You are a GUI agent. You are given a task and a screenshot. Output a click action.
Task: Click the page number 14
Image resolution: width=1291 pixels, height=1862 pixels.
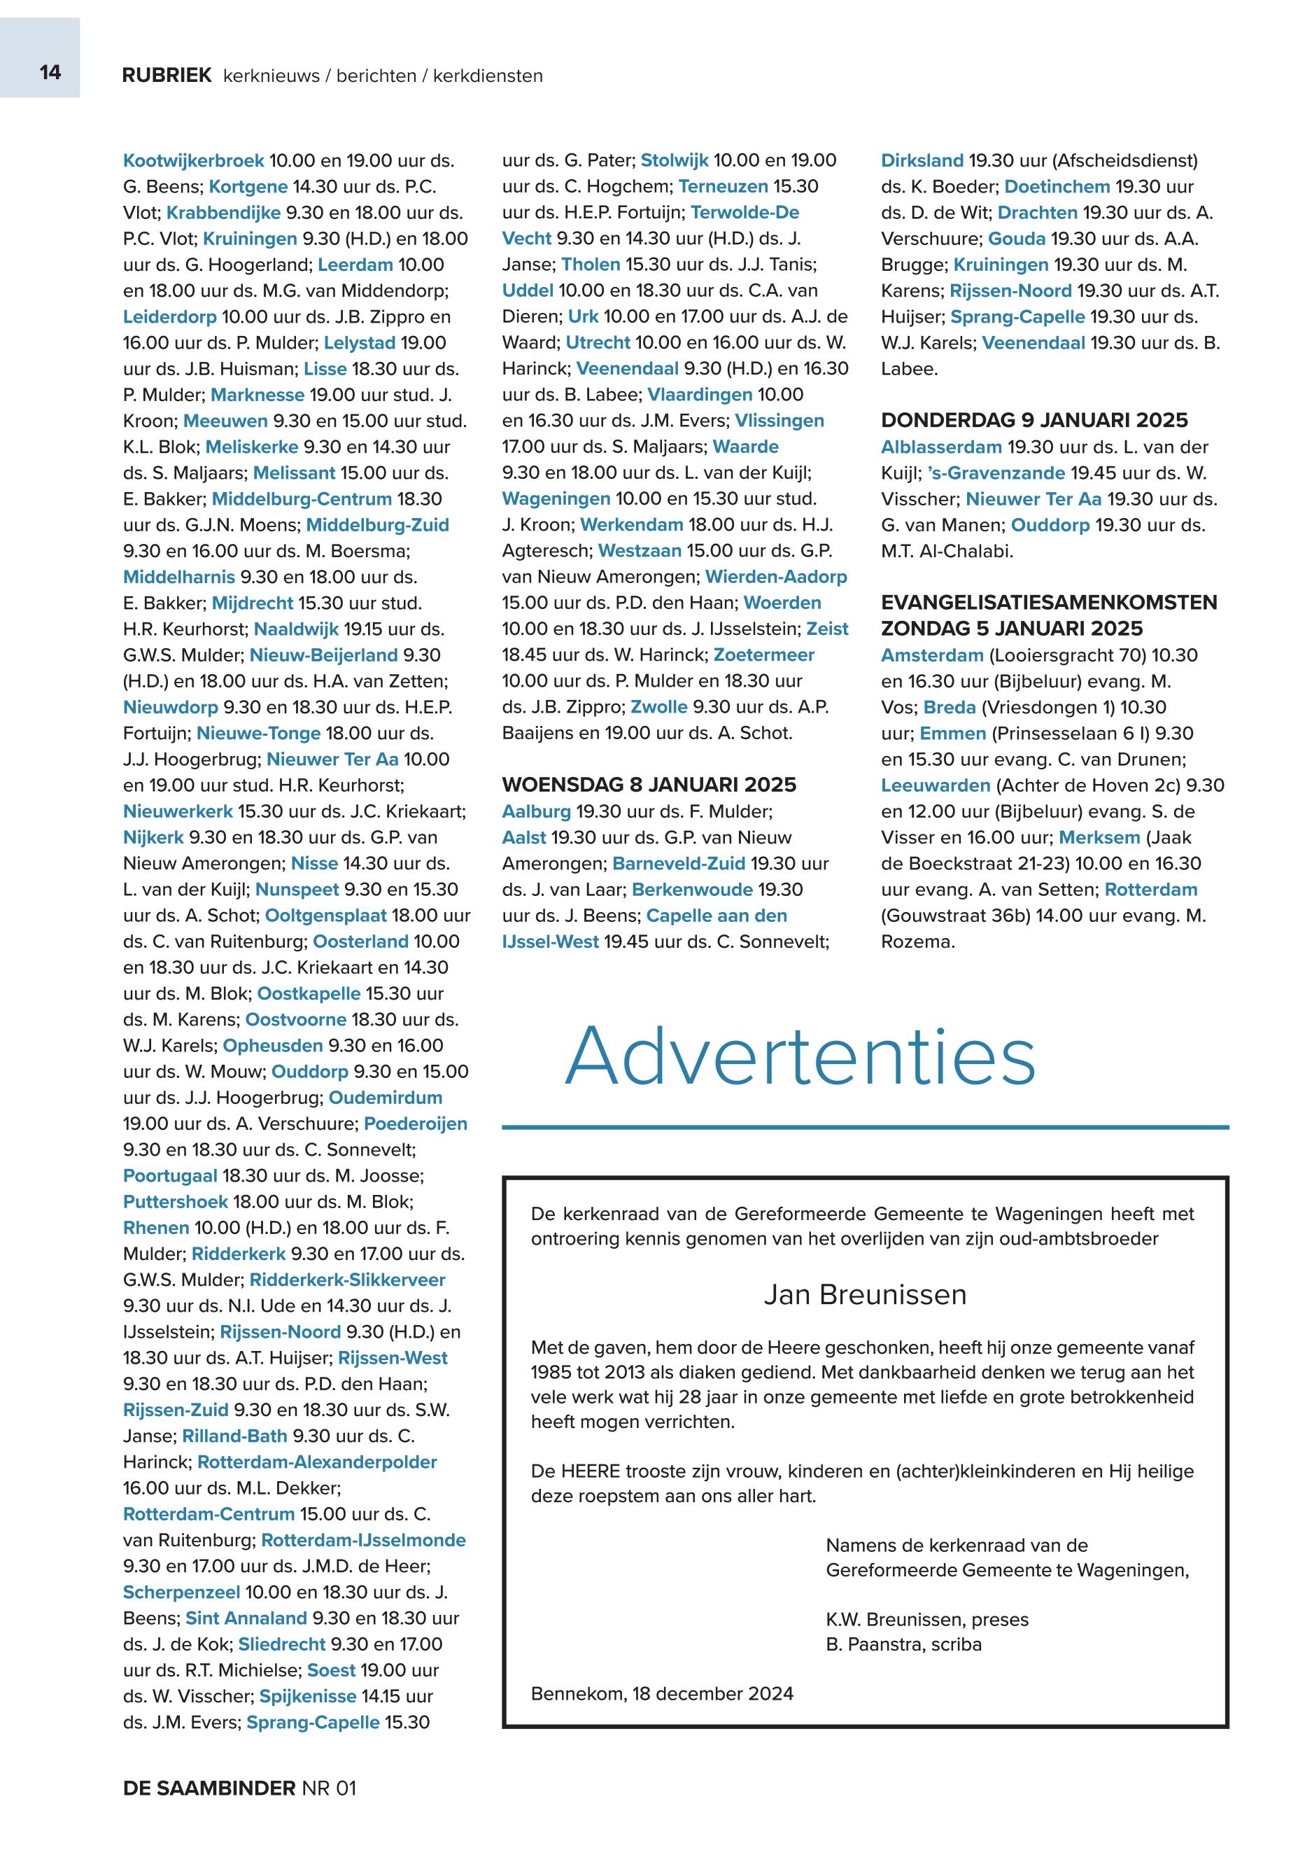pyautogui.click(x=50, y=73)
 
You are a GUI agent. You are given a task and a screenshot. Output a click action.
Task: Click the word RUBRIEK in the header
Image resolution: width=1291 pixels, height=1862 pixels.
pyautogui.click(x=167, y=76)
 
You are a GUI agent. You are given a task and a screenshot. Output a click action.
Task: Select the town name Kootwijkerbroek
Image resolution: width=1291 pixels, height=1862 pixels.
pyautogui.click(x=193, y=161)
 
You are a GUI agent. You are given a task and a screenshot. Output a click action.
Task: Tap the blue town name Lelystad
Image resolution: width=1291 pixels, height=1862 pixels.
pyautogui.click(x=359, y=343)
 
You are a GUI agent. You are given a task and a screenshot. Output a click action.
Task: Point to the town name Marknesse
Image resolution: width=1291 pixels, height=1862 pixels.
pyautogui.click(x=258, y=395)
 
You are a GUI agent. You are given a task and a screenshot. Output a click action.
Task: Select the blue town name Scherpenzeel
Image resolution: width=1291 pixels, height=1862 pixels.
pyautogui.click(x=181, y=1592)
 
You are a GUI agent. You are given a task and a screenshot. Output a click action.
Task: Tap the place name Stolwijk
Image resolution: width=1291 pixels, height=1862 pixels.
pyautogui.click(x=674, y=161)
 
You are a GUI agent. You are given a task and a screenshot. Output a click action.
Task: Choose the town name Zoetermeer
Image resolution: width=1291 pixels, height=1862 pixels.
pyautogui.click(x=763, y=654)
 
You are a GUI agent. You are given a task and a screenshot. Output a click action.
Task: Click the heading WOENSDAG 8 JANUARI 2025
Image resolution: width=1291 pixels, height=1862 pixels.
pyautogui.click(x=649, y=785)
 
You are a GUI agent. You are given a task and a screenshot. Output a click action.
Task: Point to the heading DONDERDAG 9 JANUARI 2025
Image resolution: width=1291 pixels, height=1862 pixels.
pyautogui.click(x=1035, y=421)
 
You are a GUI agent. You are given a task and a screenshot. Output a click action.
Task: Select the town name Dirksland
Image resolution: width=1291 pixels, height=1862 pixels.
pyautogui.click(x=922, y=161)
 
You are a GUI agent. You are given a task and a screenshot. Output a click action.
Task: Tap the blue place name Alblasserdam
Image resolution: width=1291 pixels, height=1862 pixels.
pyautogui.click(x=940, y=447)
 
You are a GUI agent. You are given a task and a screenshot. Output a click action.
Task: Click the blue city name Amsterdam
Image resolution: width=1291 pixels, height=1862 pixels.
pyautogui.click(x=932, y=655)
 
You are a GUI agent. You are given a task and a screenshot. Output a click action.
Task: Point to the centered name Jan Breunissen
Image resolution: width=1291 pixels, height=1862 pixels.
pyautogui.click(x=865, y=1295)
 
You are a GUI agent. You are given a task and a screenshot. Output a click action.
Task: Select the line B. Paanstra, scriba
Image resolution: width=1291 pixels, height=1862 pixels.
pyautogui.click(x=903, y=1644)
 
